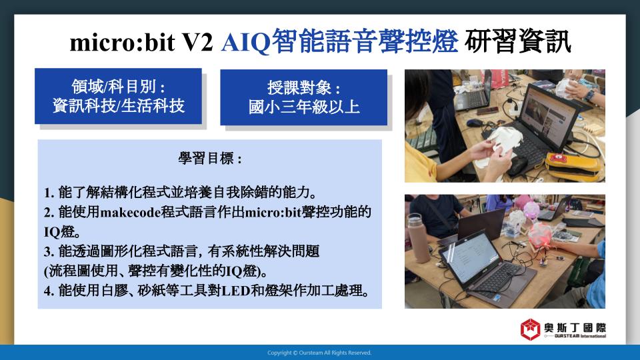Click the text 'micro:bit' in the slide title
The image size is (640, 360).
[x=123, y=43]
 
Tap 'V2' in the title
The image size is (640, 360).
[x=197, y=43]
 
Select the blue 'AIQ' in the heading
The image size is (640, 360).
[x=246, y=43]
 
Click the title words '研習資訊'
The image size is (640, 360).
[x=517, y=41]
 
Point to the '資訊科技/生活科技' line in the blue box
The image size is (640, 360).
[x=119, y=106]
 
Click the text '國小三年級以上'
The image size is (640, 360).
[x=304, y=107]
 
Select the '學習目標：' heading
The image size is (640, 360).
[x=210, y=158]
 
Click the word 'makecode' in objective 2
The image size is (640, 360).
[x=130, y=212]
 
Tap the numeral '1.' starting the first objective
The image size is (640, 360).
[x=49, y=193]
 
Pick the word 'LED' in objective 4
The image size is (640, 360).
[x=235, y=291]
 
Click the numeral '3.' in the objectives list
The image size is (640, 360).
[x=49, y=251]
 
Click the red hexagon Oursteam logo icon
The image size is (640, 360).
[x=530, y=329]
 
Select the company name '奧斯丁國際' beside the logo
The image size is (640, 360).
[x=575, y=328]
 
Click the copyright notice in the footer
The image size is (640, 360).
[x=319, y=353]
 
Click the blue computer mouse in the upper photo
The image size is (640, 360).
[x=475, y=123]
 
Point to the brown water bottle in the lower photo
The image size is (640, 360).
[x=419, y=239]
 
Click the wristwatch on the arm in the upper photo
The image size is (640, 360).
[x=589, y=96]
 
